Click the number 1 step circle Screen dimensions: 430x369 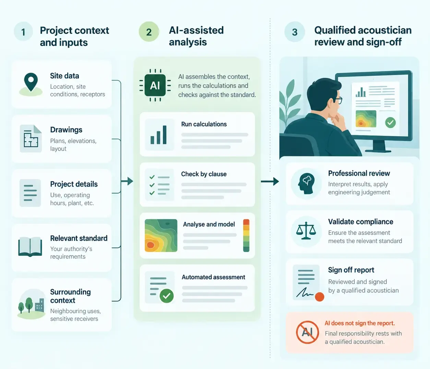23,32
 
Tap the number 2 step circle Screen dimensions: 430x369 149,32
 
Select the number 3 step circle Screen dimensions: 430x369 295,32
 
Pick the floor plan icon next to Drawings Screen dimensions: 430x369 31,139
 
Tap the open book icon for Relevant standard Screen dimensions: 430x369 30,247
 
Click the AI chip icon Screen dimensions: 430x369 155,85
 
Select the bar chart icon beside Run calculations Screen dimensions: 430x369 158,135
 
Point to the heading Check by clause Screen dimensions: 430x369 204,174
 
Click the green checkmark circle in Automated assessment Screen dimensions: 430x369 167,296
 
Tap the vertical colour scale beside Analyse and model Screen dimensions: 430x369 246,235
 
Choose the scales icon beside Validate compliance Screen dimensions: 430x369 306,230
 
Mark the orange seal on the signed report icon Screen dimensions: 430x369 319,297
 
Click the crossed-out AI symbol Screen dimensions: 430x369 307,332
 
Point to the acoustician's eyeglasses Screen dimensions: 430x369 338,100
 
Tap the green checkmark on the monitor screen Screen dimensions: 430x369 390,122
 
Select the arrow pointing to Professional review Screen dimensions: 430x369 270,181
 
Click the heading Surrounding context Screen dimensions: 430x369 70,296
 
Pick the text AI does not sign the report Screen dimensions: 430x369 359,323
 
